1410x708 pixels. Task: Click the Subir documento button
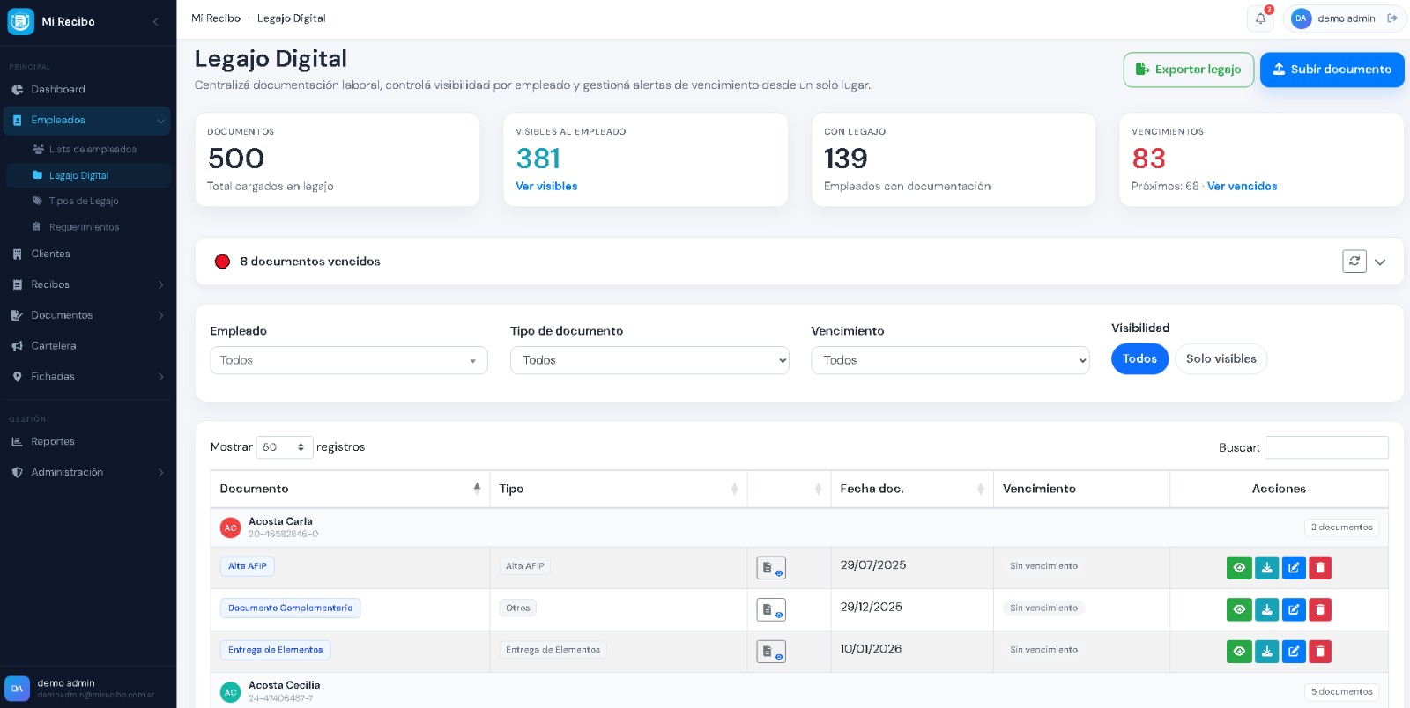pyautogui.click(x=1332, y=70)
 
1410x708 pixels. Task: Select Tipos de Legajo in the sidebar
pyautogui.click(x=84, y=201)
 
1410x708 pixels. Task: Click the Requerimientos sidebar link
pyautogui.click(x=84, y=227)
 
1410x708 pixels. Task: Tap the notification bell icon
pyautogui.click(x=1260, y=18)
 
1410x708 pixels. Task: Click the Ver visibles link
pyautogui.click(x=546, y=186)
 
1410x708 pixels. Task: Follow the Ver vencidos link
pyautogui.click(x=1242, y=186)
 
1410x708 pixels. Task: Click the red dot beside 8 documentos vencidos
pyautogui.click(x=222, y=262)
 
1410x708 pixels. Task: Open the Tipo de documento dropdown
pyautogui.click(x=649, y=360)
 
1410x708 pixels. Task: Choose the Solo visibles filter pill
pyautogui.click(x=1221, y=359)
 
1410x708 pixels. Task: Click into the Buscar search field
pyautogui.click(x=1326, y=447)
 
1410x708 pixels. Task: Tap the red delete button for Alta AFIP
pyautogui.click(x=1320, y=568)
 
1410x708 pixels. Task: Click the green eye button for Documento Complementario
pyautogui.click(x=1239, y=610)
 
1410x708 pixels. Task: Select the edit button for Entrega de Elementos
pyautogui.click(x=1294, y=652)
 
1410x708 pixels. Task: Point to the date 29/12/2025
pyautogui.click(x=872, y=607)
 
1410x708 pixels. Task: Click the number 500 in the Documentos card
pyautogui.click(x=236, y=159)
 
